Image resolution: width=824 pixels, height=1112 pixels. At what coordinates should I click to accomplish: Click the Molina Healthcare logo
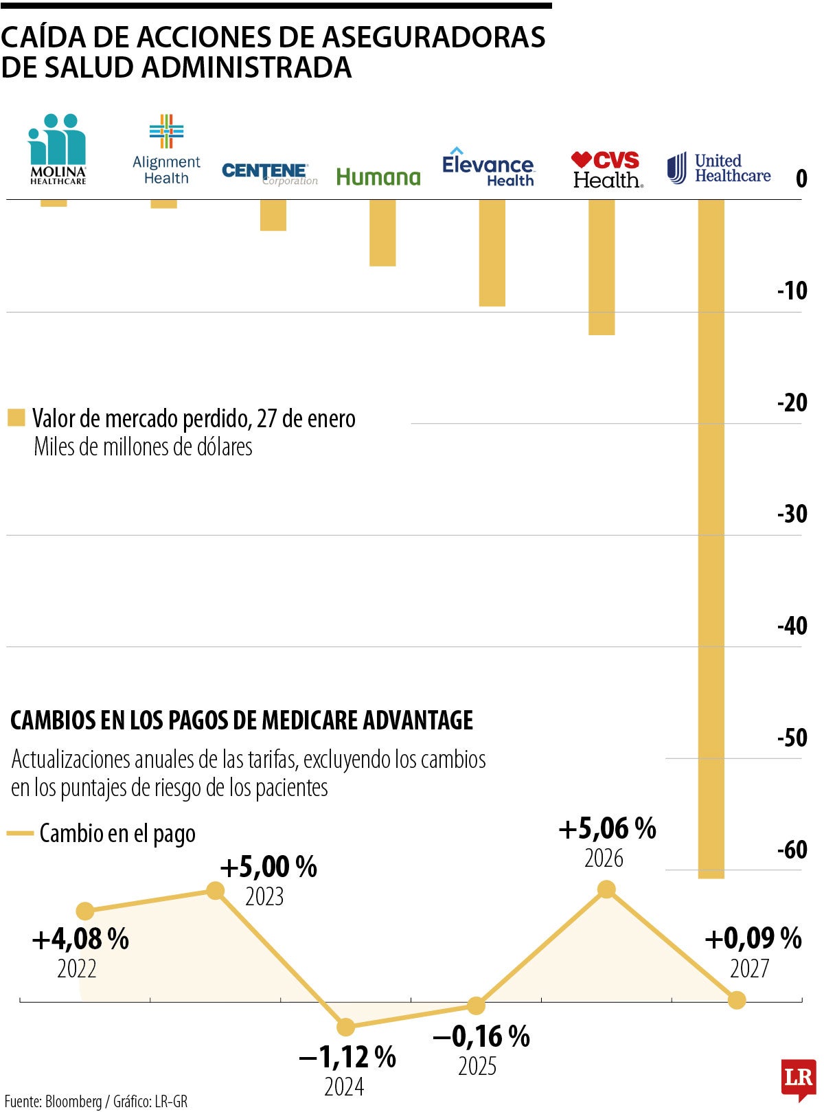[58, 149]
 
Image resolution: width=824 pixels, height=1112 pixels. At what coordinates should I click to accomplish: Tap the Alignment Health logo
[166, 150]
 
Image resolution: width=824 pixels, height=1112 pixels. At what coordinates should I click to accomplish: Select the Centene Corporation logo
[269, 173]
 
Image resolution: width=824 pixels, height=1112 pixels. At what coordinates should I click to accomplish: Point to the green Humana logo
[378, 177]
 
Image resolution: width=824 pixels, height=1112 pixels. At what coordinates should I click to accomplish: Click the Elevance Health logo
[488, 167]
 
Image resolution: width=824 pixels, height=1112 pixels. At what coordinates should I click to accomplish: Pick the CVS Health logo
[606, 170]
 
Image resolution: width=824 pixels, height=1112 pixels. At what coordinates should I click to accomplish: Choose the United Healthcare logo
[719, 168]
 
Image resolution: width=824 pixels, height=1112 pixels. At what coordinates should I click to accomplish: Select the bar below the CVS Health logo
[602, 267]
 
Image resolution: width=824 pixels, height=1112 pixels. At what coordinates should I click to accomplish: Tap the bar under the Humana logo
[382, 233]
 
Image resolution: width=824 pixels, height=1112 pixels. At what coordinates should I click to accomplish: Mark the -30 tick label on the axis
[792, 514]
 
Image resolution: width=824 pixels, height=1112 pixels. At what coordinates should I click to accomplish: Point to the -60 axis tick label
[792, 850]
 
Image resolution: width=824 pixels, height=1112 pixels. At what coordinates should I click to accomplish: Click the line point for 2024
[345, 1027]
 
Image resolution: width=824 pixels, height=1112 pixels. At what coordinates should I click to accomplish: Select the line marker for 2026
[606, 889]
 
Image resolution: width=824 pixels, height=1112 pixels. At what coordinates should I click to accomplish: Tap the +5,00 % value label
[268, 867]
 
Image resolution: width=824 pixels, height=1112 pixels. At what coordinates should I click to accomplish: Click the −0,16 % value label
[481, 1036]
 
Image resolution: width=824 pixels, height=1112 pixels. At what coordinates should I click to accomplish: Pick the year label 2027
[749, 968]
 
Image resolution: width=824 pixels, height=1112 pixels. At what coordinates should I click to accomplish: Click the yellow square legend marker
[16, 418]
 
